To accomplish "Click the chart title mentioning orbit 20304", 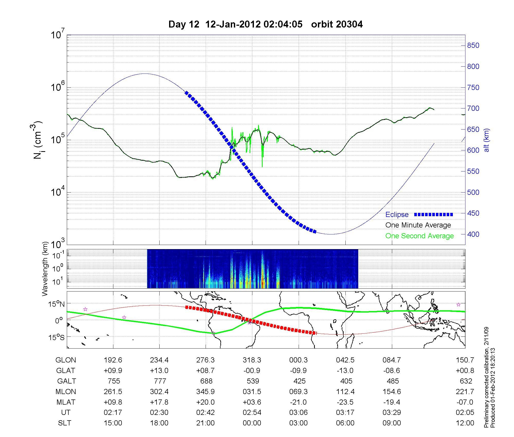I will click(265, 24).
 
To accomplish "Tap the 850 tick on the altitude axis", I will click(473, 45).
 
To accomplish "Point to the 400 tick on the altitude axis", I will click(473, 234).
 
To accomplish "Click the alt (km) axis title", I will click(487, 140).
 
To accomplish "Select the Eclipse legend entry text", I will click(397, 214).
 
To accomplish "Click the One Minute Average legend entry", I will click(418, 225).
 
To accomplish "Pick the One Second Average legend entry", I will click(419, 236).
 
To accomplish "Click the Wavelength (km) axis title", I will click(45, 269).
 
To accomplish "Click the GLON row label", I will click(66, 360).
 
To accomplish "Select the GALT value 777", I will click(160, 381).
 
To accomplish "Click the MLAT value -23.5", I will click(345, 402).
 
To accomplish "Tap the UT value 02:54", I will click(252, 413).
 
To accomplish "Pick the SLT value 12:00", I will click(465, 423).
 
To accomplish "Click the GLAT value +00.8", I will click(465, 371).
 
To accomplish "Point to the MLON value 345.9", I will click(206, 392).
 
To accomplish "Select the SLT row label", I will click(65, 423).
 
